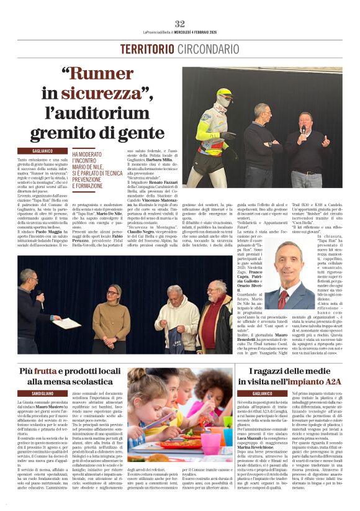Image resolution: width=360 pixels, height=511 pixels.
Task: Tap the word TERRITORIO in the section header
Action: (x=148, y=48)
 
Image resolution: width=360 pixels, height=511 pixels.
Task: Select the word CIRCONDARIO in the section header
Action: (x=208, y=48)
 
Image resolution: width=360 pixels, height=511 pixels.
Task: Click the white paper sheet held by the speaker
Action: (x=66, y=323)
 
